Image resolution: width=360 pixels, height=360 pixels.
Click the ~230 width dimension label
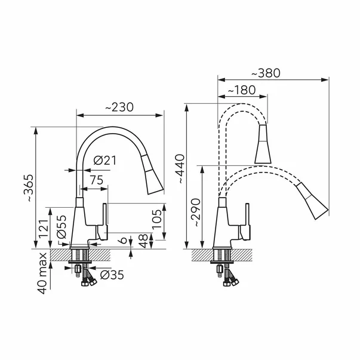(x=119, y=107)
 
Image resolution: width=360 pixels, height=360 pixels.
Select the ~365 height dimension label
(x=29, y=188)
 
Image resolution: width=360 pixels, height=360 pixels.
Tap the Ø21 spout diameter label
(x=105, y=160)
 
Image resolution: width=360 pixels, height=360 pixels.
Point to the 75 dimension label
(x=97, y=180)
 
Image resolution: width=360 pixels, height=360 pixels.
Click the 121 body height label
(x=44, y=229)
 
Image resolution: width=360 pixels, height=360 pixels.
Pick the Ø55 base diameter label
(x=61, y=227)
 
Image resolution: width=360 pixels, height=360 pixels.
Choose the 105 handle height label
(x=157, y=219)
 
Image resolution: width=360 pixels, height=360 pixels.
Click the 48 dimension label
(x=144, y=241)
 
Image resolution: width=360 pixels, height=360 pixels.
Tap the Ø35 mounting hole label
(x=112, y=275)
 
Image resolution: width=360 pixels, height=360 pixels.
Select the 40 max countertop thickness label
(x=43, y=273)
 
